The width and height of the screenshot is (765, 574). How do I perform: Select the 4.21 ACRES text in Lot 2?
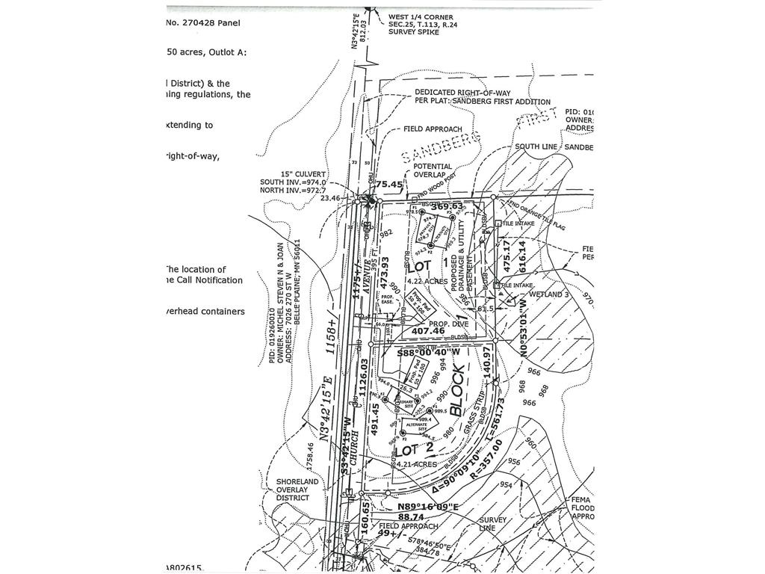point(415,464)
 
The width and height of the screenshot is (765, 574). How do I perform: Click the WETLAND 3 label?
point(550,295)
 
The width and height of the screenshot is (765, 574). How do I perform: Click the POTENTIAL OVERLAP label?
point(433,171)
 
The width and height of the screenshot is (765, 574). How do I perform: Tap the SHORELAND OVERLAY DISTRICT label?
point(297,490)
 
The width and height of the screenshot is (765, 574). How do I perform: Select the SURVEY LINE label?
point(493,525)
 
